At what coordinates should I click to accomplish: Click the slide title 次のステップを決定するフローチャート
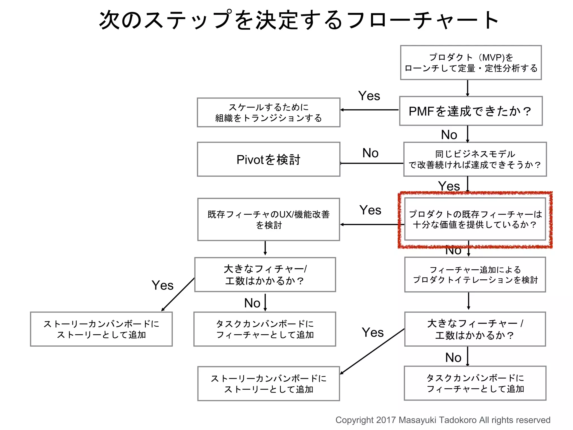[299, 20]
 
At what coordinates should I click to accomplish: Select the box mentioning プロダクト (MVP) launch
[471, 63]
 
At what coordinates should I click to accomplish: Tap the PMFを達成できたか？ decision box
[471, 111]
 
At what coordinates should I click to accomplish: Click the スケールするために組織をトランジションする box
[269, 113]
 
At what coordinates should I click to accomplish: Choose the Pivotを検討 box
[269, 159]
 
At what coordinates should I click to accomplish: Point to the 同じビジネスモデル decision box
[475, 159]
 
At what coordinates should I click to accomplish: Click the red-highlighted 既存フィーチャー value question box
[475, 219]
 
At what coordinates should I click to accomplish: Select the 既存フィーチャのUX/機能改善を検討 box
[269, 219]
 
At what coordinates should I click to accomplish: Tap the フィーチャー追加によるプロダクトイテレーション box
[475, 275]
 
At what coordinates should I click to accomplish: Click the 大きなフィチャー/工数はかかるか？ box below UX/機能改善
[265, 275]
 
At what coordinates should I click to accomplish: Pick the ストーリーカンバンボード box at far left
[101, 329]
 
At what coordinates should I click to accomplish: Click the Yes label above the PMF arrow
[369, 96]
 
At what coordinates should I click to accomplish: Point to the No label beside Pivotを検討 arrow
[370, 153]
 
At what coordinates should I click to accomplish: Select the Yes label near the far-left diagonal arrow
[163, 286]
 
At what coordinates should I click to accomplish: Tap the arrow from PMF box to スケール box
[369, 110]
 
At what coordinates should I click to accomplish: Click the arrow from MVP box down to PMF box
[468, 88]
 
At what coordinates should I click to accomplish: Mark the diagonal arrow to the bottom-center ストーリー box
[372, 351]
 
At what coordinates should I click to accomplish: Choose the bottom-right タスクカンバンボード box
[475, 383]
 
